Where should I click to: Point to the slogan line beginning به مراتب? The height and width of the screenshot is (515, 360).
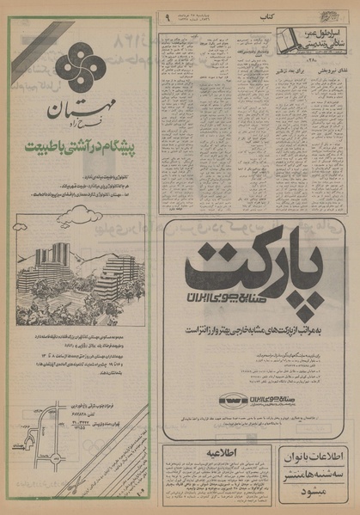pos(255,328)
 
